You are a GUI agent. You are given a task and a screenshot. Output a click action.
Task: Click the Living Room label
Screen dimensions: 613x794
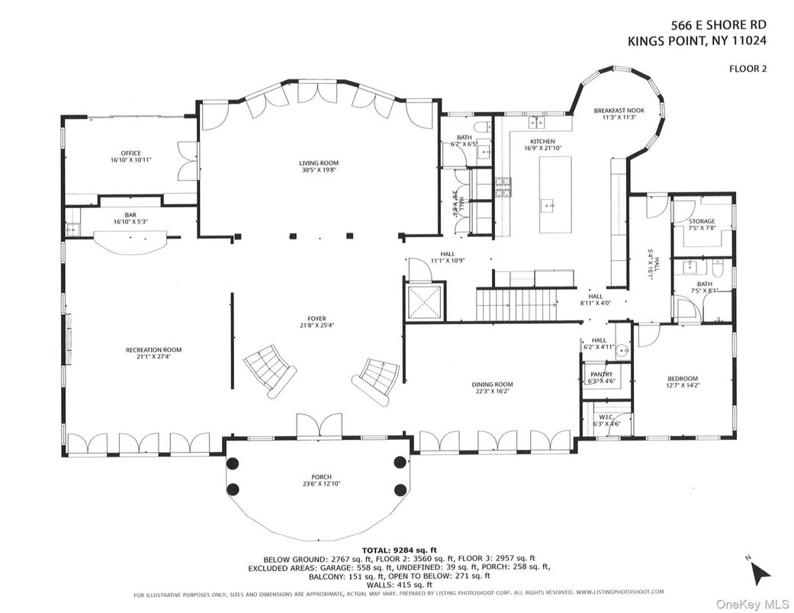coord(318,162)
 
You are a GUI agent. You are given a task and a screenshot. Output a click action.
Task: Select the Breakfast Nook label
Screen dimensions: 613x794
coord(619,111)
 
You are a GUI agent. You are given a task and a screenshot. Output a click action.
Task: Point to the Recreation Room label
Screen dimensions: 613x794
coord(153,350)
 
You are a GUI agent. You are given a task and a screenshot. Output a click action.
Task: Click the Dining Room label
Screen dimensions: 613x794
coord(491,385)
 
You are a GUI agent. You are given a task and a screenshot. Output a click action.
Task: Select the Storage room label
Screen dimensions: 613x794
coord(702,222)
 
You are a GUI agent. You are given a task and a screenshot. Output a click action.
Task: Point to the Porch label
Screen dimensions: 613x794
coord(317,478)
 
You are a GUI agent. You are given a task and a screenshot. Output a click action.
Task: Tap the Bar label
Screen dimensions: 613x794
coord(130,215)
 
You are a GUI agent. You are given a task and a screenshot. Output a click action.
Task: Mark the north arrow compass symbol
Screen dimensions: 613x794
coord(760,570)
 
